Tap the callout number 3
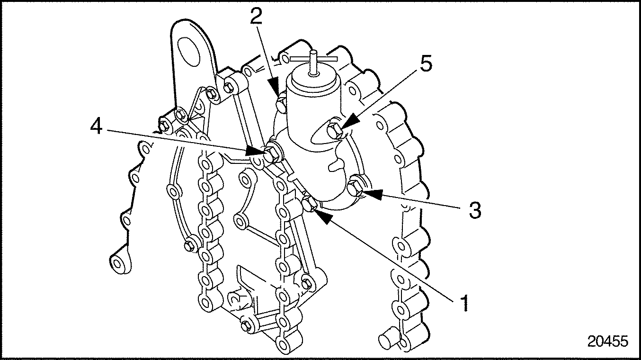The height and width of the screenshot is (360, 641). pyautogui.click(x=474, y=209)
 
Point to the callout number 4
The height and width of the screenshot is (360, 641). pyautogui.click(x=97, y=127)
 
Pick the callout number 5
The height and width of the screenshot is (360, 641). pyautogui.click(x=426, y=64)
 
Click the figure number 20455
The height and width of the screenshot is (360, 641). pyautogui.click(x=608, y=341)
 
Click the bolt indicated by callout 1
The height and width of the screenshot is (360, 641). pyautogui.click(x=309, y=204)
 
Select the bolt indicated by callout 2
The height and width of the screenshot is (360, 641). pyautogui.click(x=281, y=102)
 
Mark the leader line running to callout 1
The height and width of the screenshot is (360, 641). pyautogui.click(x=393, y=258)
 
